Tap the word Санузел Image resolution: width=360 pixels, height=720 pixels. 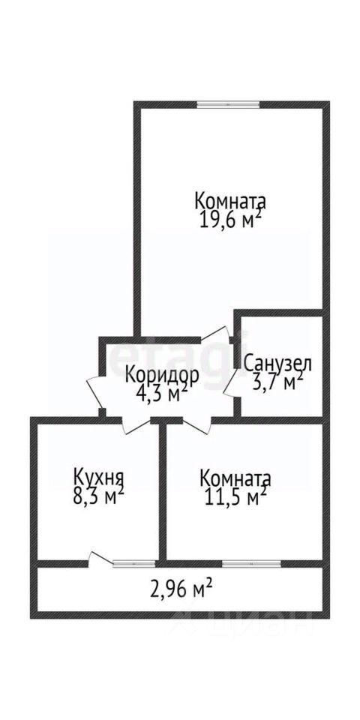click(277, 364)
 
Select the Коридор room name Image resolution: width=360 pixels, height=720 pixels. click(162, 376)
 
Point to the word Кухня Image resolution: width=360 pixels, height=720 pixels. click(99, 478)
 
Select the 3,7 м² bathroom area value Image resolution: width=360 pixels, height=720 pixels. click(277, 381)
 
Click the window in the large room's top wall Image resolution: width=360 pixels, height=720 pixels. click(228, 104)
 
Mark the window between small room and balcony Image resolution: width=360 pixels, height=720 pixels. click(252, 563)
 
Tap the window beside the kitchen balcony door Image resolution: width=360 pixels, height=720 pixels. click(133, 563)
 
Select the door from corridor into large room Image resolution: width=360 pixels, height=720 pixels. click(216, 334)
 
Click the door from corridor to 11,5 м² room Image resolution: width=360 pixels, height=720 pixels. click(197, 424)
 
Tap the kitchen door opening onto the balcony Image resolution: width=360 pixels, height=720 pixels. click(100, 558)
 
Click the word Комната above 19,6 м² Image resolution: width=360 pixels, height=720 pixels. click(230, 201)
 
